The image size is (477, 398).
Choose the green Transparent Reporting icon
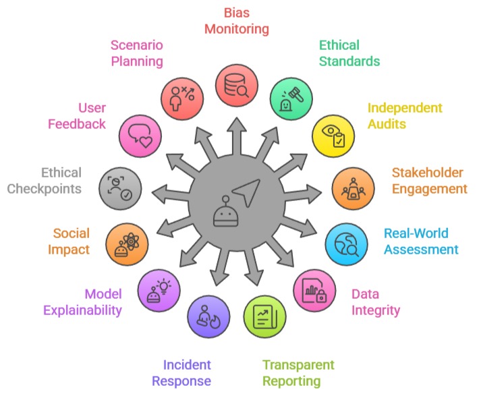coord(264,316)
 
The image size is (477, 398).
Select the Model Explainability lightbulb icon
coord(159,290)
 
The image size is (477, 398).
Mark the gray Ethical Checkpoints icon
coord(119,188)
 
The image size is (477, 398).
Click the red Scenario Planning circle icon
coord(183,95)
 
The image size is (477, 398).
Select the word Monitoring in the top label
coord(237,29)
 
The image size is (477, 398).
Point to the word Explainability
coord(83,310)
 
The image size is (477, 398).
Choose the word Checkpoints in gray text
coord(45,188)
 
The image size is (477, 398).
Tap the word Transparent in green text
coord(298,365)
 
